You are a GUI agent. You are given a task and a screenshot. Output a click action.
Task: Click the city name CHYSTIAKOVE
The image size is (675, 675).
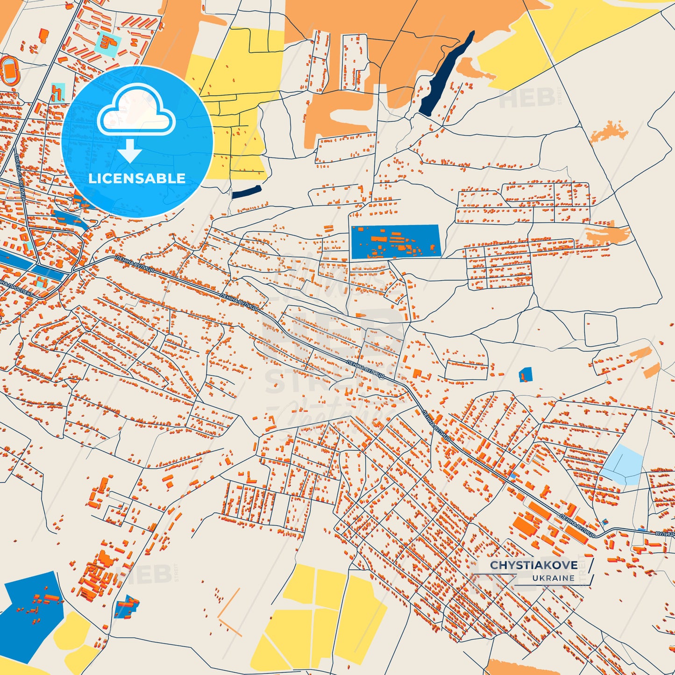(x=533, y=565)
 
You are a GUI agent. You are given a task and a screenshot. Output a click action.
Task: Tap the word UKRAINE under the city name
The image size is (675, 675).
(x=553, y=578)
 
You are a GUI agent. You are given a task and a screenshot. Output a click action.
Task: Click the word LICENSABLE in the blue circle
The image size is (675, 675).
(x=137, y=178)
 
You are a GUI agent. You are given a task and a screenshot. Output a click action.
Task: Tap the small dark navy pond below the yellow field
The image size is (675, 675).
(x=246, y=192)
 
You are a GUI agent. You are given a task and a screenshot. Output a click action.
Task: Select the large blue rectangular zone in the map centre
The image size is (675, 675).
(x=395, y=242)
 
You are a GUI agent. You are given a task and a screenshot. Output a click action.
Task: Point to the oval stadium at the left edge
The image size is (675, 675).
(x=8, y=71)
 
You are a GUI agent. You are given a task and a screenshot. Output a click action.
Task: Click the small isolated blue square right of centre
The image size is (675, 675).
(x=526, y=375)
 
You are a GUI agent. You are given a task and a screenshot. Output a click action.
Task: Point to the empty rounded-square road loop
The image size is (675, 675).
(x=601, y=329)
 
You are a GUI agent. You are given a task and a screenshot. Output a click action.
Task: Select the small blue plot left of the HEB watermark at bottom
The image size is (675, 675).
(x=127, y=607)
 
